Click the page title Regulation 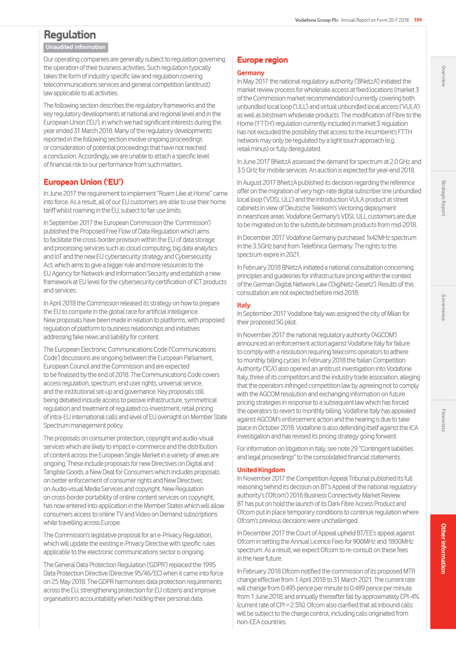(x=70, y=35)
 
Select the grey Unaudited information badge (x=76, y=47)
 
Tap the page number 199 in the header (x=418, y=20)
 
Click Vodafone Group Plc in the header (x=317, y=20)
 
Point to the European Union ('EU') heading (x=83, y=182)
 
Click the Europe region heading (x=262, y=60)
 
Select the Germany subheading (x=251, y=73)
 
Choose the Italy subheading (x=244, y=305)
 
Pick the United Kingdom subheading (x=261, y=470)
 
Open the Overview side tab (x=443, y=76)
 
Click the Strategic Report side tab (x=443, y=198)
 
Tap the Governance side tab (x=443, y=307)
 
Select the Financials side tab (x=443, y=420)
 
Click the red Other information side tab (x=443, y=548)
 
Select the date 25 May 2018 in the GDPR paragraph (x=68, y=582)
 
